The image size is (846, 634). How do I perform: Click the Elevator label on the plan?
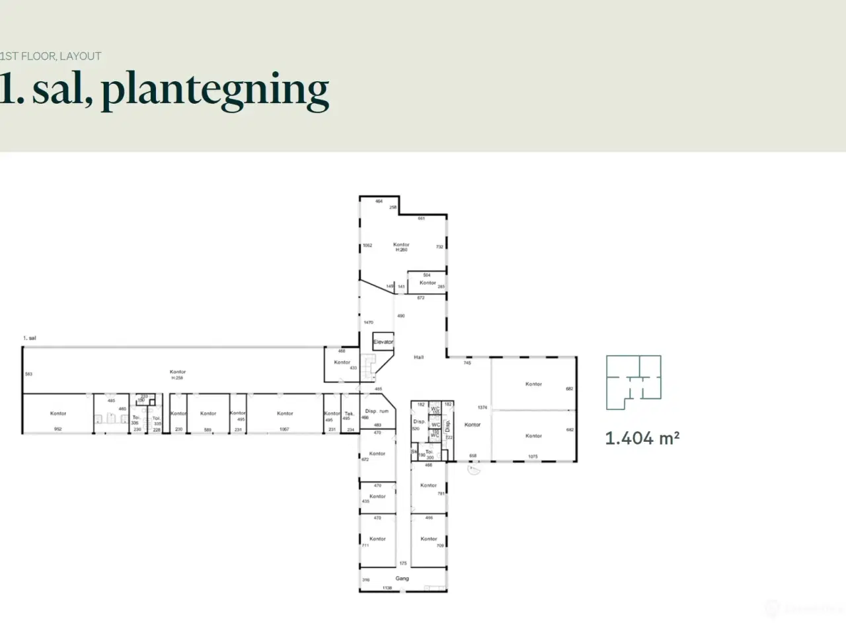click(383, 342)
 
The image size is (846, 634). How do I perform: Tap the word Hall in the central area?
click(418, 357)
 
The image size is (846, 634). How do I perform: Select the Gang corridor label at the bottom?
click(402, 579)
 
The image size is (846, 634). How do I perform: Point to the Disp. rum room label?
click(377, 411)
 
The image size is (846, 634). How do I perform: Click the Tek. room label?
click(349, 413)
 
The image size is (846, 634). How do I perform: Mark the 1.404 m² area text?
click(642, 438)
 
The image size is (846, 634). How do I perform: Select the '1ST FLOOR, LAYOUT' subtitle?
click(51, 56)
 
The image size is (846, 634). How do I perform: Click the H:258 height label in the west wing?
click(177, 378)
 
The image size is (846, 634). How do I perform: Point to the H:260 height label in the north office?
click(401, 250)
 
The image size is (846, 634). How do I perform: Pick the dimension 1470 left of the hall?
click(368, 322)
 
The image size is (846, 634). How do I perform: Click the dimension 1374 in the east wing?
click(482, 407)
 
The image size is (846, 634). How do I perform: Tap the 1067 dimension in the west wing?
click(284, 429)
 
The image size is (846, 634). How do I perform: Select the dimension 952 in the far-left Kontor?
click(58, 429)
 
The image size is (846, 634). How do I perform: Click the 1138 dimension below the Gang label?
click(387, 587)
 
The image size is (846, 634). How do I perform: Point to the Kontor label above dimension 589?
click(208, 413)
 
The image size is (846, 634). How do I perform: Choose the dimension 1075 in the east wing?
click(533, 456)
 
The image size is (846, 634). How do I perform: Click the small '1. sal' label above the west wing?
click(30, 338)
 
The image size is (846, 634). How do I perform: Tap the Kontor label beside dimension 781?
click(428, 485)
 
